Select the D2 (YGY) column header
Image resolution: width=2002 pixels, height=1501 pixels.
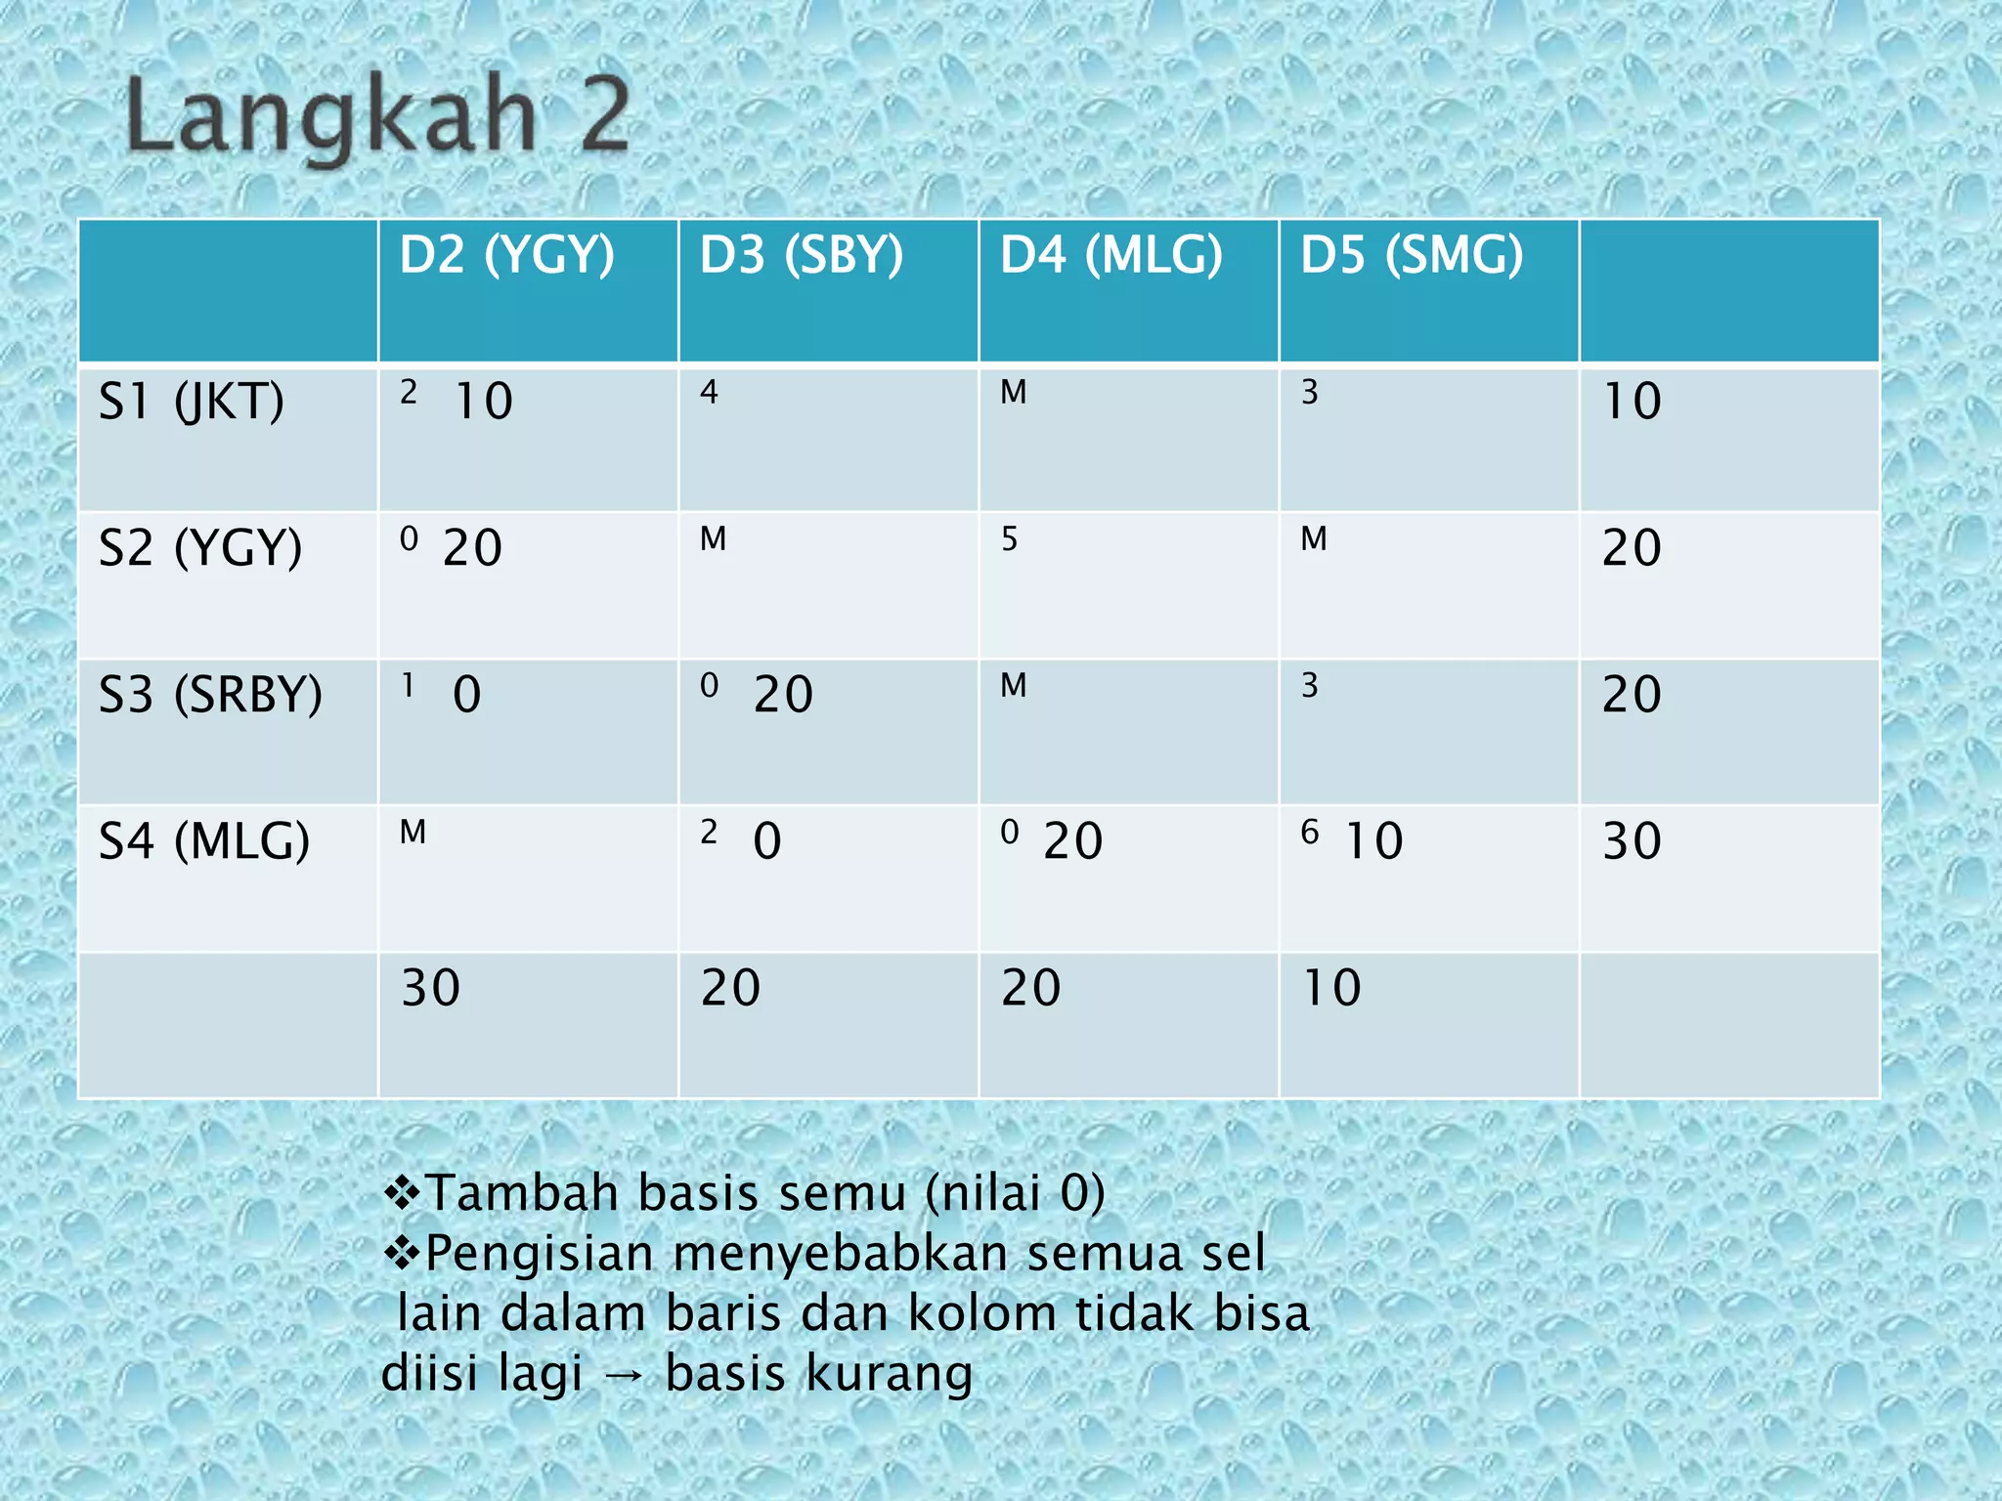[506, 255]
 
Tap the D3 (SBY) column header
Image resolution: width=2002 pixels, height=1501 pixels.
[802, 255]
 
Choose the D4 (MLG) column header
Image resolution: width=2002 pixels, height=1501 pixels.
[1110, 255]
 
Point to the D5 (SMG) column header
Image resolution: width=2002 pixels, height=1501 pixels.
[1412, 255]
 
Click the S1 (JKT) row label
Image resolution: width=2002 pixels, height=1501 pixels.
[192, 402]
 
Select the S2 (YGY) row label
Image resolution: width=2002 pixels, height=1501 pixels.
[200, 547]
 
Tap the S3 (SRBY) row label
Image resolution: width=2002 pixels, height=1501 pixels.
[210, 695]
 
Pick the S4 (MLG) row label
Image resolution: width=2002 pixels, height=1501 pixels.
[204, 840]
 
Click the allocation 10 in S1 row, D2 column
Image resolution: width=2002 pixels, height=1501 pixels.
[484, 402]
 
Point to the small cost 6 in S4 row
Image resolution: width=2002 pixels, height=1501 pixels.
[1310, 833]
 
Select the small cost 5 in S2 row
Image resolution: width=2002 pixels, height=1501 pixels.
[1010, 539]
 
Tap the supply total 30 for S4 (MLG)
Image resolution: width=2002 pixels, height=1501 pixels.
[1632, 841]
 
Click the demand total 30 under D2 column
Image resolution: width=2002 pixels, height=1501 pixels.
[431, 988]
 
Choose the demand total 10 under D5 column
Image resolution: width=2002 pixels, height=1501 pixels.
[1332, 988]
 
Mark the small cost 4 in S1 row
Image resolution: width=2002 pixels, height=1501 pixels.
[709, 393]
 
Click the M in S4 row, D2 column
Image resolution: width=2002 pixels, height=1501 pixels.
[413, 833]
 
